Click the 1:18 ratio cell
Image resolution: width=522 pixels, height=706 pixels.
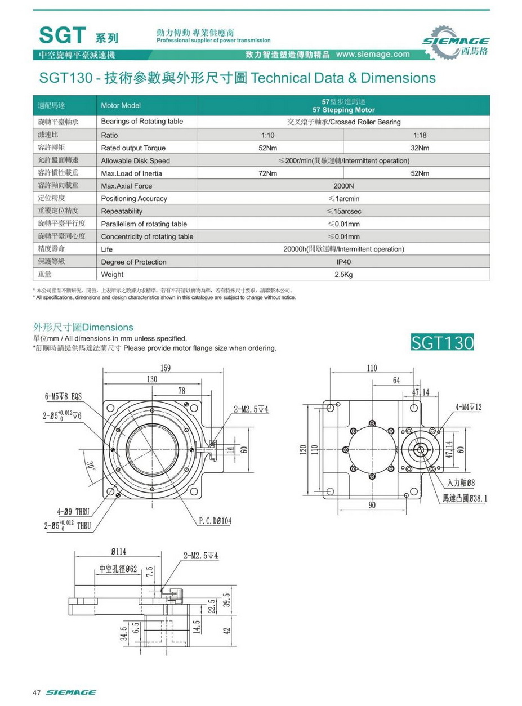(x=420, y=135)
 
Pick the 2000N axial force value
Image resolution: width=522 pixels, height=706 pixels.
(x=343, y=186)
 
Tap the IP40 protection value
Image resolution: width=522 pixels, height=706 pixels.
(x=343, y=262)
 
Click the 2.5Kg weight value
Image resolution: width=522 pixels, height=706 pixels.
(x=343, y=275)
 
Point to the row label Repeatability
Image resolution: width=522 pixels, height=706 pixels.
(x=122, y=211)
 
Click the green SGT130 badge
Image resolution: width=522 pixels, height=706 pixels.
(x=443, y=342)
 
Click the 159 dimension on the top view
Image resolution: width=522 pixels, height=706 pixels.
(x=166, y=368)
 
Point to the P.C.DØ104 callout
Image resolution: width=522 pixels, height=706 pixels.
(x=215, y=521)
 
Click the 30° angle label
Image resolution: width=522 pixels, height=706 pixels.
(x=91, y=466)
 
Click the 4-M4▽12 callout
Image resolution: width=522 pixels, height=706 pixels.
(x=469, y=407)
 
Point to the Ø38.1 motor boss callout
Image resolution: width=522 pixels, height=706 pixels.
(x=465, y=498)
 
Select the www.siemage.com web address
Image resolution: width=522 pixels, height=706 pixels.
(x=373, y=55)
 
